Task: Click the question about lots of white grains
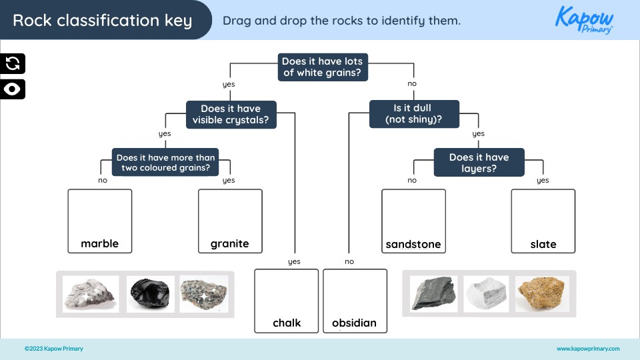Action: [322, 67]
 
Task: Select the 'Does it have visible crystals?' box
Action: [231, 115]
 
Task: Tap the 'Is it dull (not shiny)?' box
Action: [414, 114]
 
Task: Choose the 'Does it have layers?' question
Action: [479, 163]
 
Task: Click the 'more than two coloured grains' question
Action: [165, 163]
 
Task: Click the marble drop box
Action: [100, 221]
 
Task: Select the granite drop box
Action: [230, 221]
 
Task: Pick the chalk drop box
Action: [287, 300]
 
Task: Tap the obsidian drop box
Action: [355, 300]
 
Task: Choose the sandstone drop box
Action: [413, 221]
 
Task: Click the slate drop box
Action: [543, 221]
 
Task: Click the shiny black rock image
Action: [150, 294]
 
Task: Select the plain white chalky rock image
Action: [486, 294]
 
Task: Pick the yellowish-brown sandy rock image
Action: [541, 294]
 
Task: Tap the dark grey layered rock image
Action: [433, 294]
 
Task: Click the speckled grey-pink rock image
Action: [203, 294]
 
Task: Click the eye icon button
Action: [13, 89]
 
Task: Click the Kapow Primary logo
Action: [584, 19]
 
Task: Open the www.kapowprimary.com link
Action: [587, 349]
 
